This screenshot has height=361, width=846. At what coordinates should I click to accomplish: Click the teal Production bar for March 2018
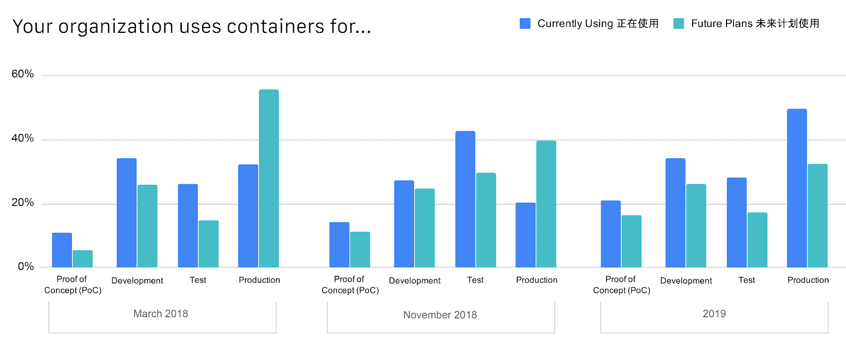point(269,178)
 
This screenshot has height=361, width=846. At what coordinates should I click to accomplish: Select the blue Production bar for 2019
point(796,188)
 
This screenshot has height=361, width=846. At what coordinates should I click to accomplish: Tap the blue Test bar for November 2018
point(465,199)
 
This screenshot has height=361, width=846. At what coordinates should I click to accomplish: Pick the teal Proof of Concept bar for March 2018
point(82,259)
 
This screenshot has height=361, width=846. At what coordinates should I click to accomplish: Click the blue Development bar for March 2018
point(126,213)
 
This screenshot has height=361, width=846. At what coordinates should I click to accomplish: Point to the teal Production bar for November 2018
point(546,204)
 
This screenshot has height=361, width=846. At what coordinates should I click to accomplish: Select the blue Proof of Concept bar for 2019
point(610,234)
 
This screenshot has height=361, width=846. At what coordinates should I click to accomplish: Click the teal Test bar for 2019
point(757,240)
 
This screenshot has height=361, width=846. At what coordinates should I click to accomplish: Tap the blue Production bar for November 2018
point(525,235)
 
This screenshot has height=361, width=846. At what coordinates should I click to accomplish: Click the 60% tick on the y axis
point(23,74)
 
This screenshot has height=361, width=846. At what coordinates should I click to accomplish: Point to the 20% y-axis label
point(23,203)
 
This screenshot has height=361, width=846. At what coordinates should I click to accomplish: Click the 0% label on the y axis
point(25,267)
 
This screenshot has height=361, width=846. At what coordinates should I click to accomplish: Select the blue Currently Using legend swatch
point(525,23)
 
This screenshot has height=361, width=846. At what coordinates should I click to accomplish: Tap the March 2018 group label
point(161,314)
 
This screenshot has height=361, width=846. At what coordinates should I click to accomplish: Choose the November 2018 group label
point(440,315)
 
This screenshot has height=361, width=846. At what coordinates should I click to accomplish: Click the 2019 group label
point(714,314)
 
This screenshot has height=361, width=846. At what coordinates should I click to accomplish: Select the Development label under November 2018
point(415,281)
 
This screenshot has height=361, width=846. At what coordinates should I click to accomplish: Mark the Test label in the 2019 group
point(747,280)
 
